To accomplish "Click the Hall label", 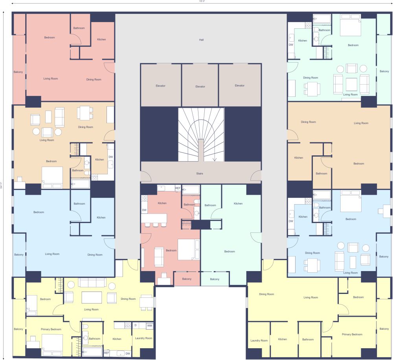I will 201,40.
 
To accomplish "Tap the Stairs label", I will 200,173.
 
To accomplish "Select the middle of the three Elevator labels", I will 200,87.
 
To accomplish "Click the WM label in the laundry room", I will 149,326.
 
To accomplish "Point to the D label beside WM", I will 135,326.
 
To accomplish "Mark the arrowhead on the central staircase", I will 215,160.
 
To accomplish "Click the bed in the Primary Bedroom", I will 52,342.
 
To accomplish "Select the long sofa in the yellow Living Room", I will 92,282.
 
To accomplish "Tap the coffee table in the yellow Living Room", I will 92,297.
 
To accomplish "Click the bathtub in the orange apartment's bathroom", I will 80,183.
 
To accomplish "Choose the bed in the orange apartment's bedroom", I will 52,175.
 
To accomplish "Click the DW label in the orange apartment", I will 111,157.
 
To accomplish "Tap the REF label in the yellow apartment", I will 107,353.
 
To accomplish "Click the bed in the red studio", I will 188,250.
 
